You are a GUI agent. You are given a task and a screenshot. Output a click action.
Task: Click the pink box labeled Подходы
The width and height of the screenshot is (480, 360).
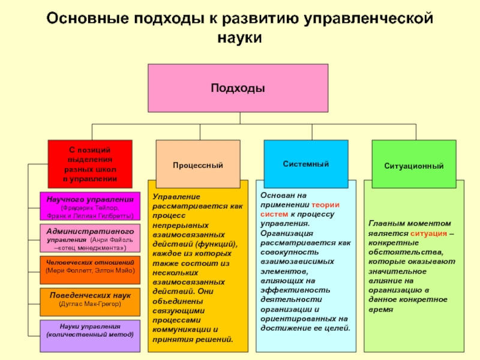[238, 88]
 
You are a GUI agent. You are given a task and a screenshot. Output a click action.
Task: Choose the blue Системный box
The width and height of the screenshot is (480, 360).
[306, 163]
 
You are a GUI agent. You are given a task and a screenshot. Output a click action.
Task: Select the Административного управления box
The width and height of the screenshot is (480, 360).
[90, 239]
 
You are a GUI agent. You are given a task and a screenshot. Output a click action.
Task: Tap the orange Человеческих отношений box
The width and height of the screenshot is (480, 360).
[90, 266]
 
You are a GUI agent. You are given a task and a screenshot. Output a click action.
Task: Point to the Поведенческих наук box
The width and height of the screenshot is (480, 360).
[90, 299]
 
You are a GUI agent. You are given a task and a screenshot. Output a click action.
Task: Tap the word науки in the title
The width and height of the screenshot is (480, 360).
[239, 38]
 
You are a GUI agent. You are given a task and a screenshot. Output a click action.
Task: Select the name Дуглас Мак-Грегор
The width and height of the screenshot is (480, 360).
[90, 304]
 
